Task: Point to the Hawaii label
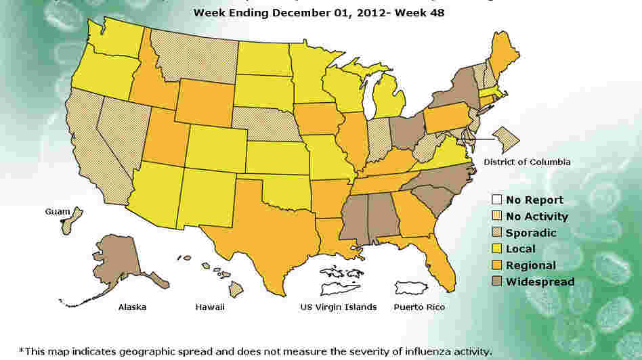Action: [211, 307]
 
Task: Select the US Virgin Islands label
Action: [338, 307]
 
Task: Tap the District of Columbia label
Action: [527, 162]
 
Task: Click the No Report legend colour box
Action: [496, 200]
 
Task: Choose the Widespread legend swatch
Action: [496, 282]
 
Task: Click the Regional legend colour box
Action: [496, 265]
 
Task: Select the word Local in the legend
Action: [520, 249]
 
